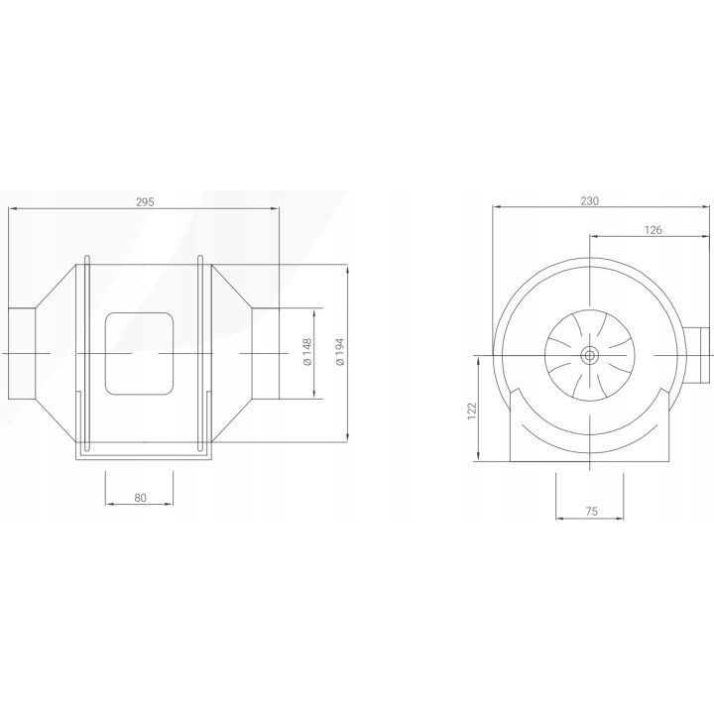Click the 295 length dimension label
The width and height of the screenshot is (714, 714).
click(145, 201)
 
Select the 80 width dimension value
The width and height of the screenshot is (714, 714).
click(141, 498)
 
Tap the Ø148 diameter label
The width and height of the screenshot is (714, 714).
click(306, 351)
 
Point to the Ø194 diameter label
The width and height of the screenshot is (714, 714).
click(340, 351)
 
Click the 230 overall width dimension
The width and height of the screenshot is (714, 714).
click(589, 200)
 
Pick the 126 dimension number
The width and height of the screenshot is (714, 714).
click(653, 230)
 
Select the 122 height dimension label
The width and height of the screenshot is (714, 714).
click(472, 411)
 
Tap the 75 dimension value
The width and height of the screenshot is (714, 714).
click(591, 512)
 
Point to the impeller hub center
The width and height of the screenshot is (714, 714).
click(590, 355)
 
